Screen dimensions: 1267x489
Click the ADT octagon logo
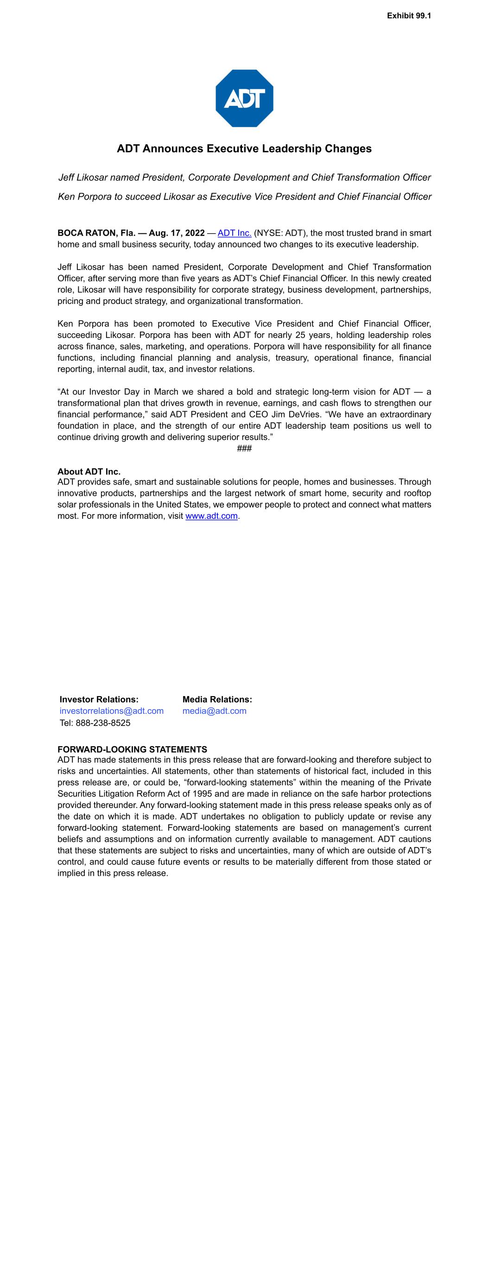point(244,98)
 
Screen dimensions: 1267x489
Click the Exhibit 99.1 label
point(408,16)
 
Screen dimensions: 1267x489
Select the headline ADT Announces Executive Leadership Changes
point(244,149)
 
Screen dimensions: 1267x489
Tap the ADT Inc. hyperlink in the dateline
point(235,233)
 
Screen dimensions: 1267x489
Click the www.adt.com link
point(211,516)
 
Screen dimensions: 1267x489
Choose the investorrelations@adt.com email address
point(112,711)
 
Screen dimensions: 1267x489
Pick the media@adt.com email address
point(214,711)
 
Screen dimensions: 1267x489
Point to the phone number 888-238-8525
point(103,723)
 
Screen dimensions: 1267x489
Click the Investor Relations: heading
point(99,699)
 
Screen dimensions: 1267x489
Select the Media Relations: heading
point(217,699)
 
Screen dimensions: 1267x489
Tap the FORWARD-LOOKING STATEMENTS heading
point(132,750)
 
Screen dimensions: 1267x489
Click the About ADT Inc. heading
point(89,472)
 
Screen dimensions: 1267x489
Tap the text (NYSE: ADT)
point(280,233)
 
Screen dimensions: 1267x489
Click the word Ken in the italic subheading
point(66,197)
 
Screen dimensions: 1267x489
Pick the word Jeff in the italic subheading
point(67,178)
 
